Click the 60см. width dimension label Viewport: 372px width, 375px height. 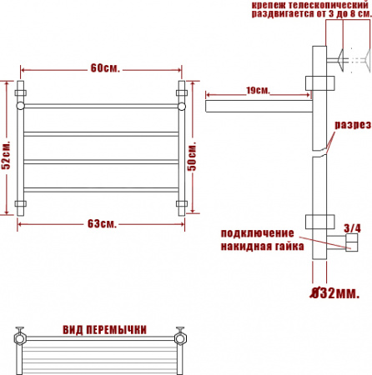[x=105, y=68]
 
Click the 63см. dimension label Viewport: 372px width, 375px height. [x=102, y=223]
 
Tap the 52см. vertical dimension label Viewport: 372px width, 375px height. [x=6, y=155]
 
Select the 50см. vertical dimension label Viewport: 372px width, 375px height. [x=192, y=157]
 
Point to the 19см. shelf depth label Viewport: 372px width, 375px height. [x=258, y=91]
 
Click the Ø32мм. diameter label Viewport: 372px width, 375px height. [x=334, y=293]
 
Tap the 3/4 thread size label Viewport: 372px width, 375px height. [x=352, y=228]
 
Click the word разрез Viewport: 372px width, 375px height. [x=353, y=125]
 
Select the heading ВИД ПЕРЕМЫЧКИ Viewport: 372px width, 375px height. [x=104, y=330]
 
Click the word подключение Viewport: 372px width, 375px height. [x=257, y=233]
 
